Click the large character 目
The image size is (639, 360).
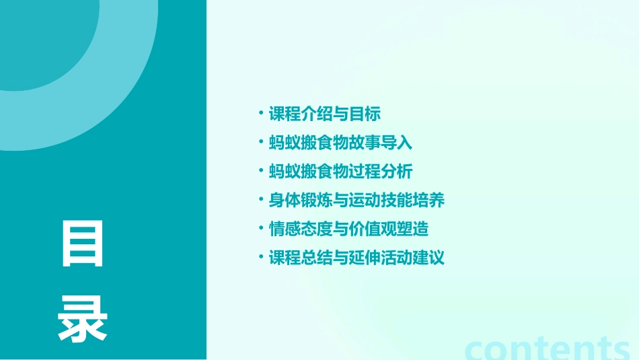click(x=83, y=244)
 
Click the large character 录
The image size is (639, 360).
click(x=83, y=319)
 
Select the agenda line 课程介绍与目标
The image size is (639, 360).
click(x=324, y=114)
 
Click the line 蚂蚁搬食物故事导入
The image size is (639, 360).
click(x=340, y=143)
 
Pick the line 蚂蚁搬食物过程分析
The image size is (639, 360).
click(x=340, y=172)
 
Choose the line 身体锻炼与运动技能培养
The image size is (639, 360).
click(x=356, y=201)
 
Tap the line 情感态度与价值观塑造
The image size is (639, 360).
click(x=348, y=229)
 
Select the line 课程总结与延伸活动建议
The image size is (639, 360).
click(x=356, y=258)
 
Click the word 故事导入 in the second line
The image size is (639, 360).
click(x=381, y=143)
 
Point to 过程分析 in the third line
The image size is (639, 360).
click(x=381, y=172)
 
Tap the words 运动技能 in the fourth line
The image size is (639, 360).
click(x=381, y=201)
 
